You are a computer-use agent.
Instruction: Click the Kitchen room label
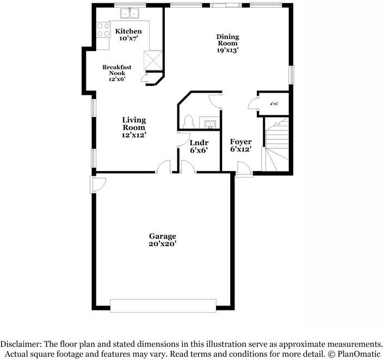pyautogui.click(x=128, y=31)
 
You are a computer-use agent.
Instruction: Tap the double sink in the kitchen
pyautogui.click(x=130, y=13)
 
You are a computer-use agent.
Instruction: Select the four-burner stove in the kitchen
pyautogui.click(x=102, y=29)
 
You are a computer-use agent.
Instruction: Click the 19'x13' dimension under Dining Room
pyautogui.click(x=228, y=50)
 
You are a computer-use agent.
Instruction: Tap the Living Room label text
pyautogui.click(x=133, y=124)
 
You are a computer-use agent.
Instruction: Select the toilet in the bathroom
pyautogui.click(x=188, y=120)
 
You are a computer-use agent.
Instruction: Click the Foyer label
pyautogui.click(x=240, y=142)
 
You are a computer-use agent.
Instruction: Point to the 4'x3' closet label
pyautogui.click(x=274, y=103)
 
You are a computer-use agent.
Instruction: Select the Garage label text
pyautogui.click(x=163, y=236)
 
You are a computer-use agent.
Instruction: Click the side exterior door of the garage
pyautogui.click(x=98, y=184)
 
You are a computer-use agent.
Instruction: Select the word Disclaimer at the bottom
pyautogui.click(x=21, y=344)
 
